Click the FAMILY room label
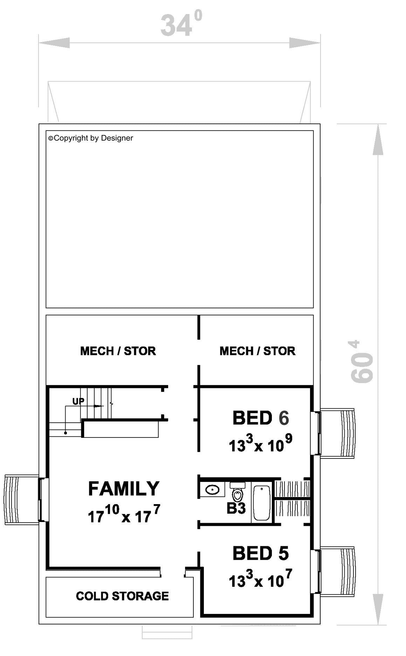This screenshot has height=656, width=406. pyautogui.click(x=124, y=489)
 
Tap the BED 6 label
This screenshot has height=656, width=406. pyautogui.click(x=261, y=418)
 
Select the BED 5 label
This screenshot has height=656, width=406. pyautogui.click(x=261, y=553)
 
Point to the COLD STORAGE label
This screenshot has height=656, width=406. pyautogui.click(x=122, y=596)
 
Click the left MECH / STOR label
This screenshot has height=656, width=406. pyautogui.click(x=118, y=351)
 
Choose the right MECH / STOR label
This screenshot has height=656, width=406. pyautogui.click(x=257, y=351)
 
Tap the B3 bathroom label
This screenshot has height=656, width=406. pyautogui.click(x=236, y=508)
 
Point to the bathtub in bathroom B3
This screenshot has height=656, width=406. pyautogui.click(x=261, y=502)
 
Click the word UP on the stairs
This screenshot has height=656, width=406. pyautogui.click(x=78, y=401)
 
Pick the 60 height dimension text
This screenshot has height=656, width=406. pyautogui.click(x=362, y=361)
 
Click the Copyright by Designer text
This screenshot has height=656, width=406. pyautogui.click(x=91, y=138)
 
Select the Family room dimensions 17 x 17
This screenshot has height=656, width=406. pyautogui.click(x=124, y=514)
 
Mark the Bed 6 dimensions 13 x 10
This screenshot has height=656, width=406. pyautogui.click(x=260, y=443)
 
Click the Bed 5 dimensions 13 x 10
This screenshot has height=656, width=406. pyautogui.click(x=260, y=578)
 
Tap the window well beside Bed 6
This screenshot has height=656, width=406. pyautogui.click(x=337, y=433)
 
